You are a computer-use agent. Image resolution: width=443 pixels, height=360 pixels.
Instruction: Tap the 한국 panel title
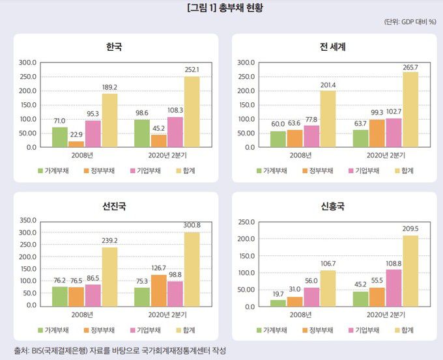point(114,47)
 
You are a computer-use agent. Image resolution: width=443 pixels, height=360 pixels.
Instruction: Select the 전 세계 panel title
point(332,47)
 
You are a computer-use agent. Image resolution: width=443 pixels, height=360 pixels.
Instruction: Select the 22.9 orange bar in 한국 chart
point(76,144)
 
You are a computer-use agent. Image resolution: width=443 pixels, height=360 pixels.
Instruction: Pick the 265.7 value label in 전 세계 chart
point(410,67)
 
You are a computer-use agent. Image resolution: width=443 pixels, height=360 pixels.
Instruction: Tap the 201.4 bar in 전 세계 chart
point(328,119)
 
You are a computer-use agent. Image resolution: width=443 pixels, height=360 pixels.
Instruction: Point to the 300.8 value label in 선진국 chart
point(192,225)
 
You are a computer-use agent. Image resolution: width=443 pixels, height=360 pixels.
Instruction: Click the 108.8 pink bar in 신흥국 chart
point(393,288)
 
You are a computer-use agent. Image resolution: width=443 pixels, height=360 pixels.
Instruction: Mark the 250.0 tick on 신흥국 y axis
point(246,222)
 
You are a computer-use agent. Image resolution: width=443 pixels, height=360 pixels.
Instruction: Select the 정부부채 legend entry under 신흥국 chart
point(317,330)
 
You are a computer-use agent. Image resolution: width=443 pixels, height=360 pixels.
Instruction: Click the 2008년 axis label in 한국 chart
point(85,155)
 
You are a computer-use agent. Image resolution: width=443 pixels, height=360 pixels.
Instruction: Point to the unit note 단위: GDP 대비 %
point(410,21)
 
